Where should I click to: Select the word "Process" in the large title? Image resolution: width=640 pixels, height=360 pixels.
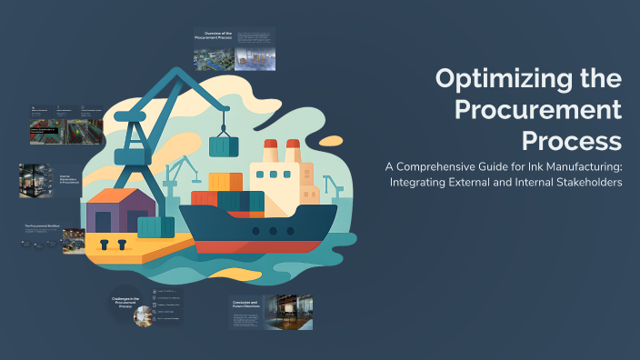pos(572,142)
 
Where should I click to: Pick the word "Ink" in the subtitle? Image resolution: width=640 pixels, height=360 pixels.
pos(531,167)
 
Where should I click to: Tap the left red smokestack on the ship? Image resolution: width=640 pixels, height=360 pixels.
pos(269,154)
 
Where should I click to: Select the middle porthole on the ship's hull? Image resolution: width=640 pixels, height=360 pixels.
pos(273,232)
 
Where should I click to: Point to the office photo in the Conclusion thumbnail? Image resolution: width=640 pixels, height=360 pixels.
pos(294,311)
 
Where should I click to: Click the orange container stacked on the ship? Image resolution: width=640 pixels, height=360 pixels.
pos(225,183)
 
